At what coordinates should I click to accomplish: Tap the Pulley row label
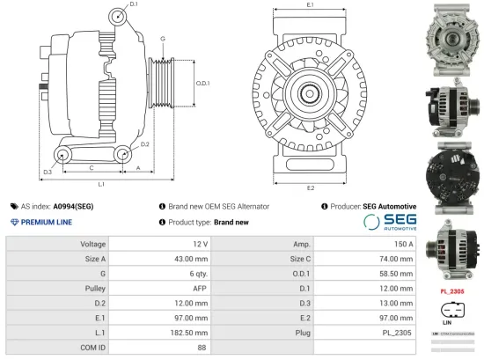(x=94, y=289)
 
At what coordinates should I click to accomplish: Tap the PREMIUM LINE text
(x=46, y=223)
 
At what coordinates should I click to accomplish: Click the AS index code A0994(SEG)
(x=74, y=206)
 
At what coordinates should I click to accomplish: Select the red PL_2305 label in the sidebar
(x=451, y=290)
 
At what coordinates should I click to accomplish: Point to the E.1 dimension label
(x=311, y=5)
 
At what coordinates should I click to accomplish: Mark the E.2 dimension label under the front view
(x=311, y=187)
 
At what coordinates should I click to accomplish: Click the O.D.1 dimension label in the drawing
(x=202, y=84)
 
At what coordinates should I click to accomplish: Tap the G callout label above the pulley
(x=163, y=39)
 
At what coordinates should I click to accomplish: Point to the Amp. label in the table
(x=302, y=244)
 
